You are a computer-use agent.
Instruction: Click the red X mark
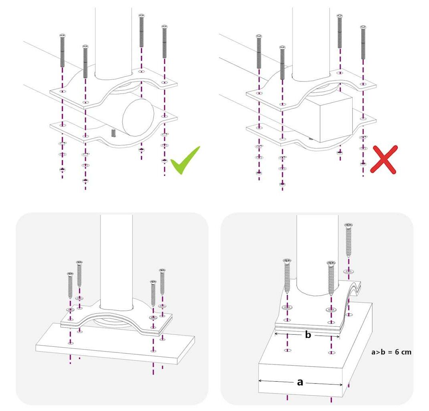coord(383,159)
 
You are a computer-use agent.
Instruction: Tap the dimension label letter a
coord(300,382)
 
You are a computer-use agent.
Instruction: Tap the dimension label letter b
coord(308,335)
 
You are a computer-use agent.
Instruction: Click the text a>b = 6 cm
coord(391,352)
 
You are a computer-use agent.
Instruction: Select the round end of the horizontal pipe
coord(138,117)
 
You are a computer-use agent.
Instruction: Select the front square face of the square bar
coord(336,119)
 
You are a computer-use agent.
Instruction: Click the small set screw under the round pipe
coord(113,133)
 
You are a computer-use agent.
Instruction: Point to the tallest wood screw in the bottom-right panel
coord(348,240)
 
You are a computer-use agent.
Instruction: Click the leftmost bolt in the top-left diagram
coord(62,51)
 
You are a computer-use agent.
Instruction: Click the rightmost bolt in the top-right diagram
coord(363,43)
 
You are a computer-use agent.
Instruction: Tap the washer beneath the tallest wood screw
coord(348,272)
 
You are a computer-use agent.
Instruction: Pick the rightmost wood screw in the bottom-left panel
coord(163,282)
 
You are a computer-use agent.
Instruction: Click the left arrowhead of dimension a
coord(260,380)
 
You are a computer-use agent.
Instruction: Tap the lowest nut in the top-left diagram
coord(85,181)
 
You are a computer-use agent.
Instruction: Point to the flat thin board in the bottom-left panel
coord(115,344)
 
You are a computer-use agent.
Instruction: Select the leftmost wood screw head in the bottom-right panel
coord(287,260)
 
